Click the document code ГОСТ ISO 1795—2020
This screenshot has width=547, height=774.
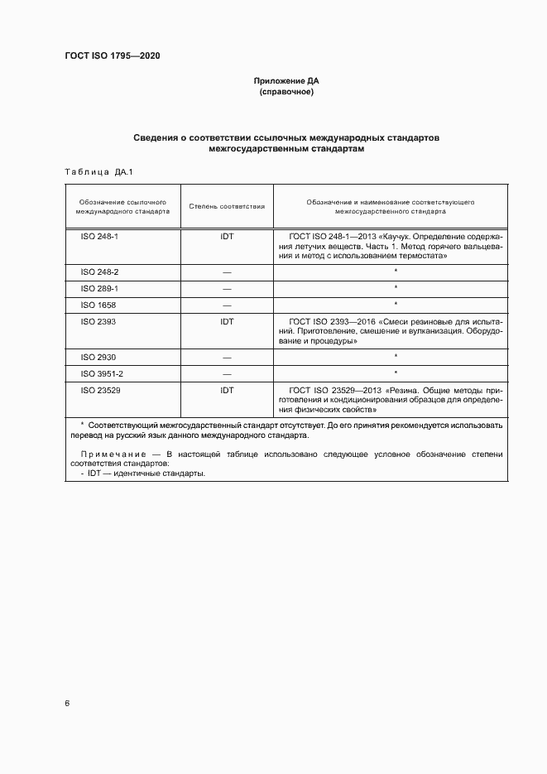112,55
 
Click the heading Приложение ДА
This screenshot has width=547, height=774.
285,81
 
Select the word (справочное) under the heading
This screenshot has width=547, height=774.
285,92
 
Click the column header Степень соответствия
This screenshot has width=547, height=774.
227,206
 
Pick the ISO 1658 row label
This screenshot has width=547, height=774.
96,304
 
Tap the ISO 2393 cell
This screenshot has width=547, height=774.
96,320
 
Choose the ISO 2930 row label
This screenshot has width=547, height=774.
96,356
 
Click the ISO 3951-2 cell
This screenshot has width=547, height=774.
100,373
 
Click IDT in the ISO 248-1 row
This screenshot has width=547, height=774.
227,236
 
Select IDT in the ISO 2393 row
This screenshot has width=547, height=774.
227,320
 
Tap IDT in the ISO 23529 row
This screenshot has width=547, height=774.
227,389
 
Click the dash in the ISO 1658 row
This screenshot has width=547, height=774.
227,305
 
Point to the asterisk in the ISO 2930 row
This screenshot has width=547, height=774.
396,357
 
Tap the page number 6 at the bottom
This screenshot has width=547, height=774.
67,704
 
